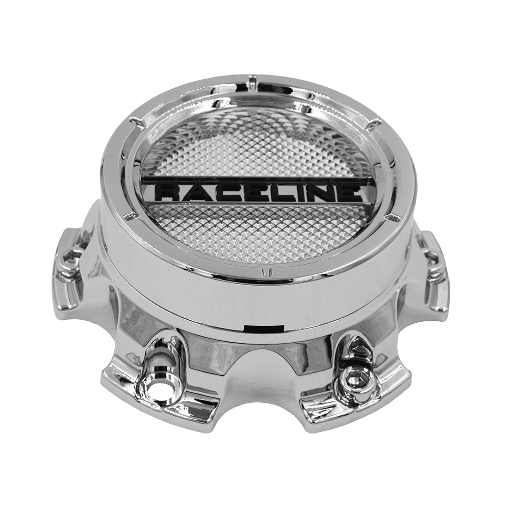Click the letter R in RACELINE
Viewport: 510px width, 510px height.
coord(166,192)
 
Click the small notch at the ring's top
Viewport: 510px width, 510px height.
coord(251,81)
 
